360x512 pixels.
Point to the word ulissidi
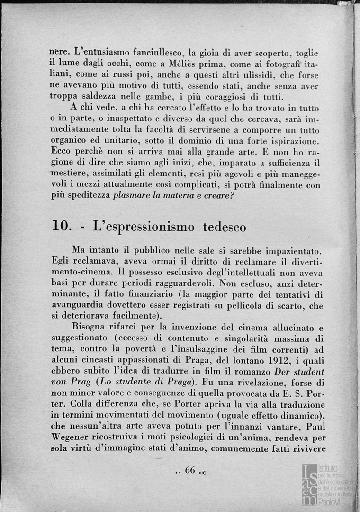253,75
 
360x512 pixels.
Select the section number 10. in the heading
62,227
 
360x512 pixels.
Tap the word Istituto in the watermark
328,468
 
